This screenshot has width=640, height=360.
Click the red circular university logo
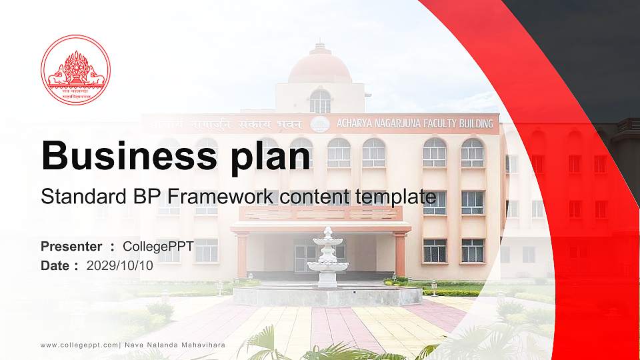point(75,70)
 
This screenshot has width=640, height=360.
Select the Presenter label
point(71,247)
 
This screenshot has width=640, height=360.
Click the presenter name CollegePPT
point(158,247)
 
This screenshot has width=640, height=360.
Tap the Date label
point(55,265)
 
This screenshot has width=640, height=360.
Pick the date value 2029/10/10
point(120,265)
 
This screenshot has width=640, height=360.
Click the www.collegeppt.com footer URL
point(79,345)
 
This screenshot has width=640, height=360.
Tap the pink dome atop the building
point(320,67)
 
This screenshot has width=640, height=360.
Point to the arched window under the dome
point(320,101)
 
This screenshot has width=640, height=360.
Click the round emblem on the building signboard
point(320,124)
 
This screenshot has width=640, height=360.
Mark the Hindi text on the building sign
point(227,125)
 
